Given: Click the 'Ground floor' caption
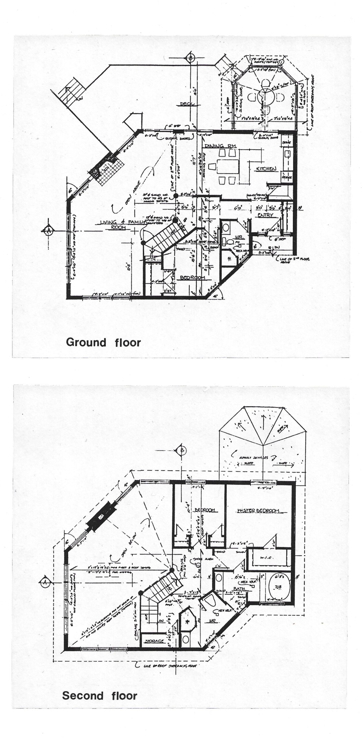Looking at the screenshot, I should [x=103, y=342].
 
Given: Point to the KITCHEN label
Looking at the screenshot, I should [x=267, y=169].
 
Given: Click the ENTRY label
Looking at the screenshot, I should [x=265, y=215].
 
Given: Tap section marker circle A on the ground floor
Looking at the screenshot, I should [x=47, y=230].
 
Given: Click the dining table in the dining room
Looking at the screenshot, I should [x=228, y=167].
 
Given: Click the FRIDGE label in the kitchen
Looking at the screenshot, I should [x=287, y=177].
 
